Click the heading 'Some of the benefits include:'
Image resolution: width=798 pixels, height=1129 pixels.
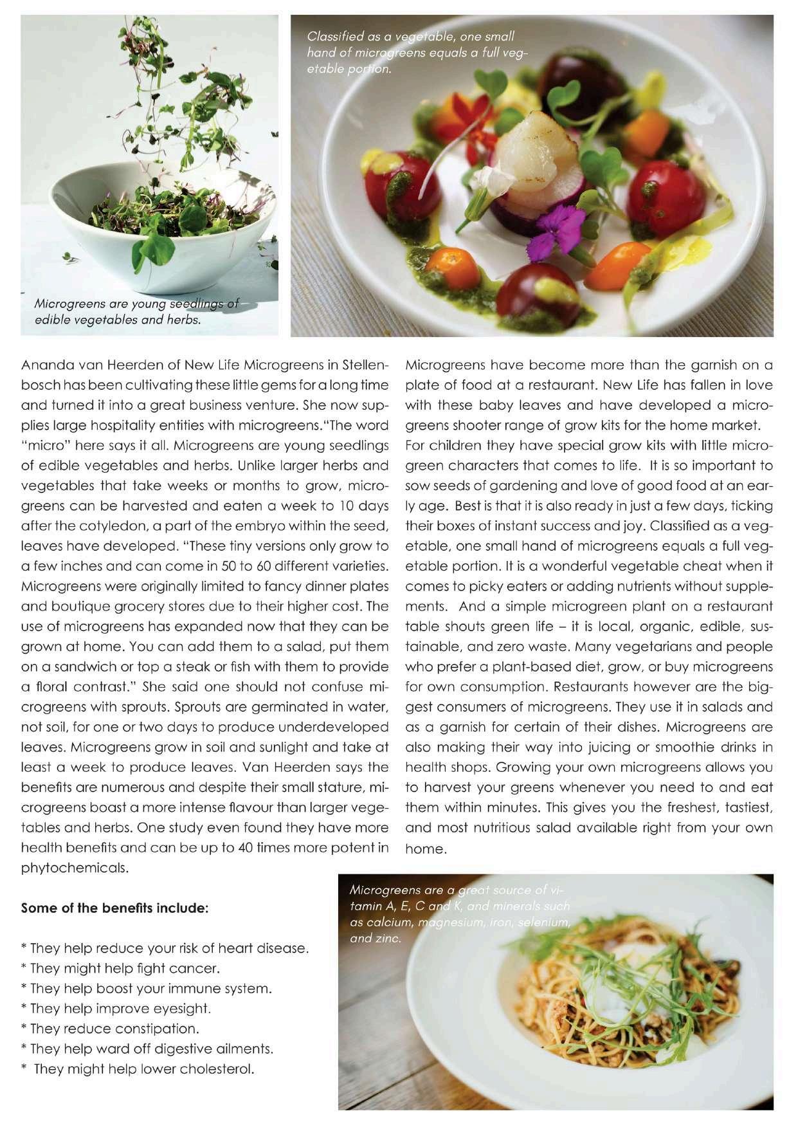(x=114, y=908)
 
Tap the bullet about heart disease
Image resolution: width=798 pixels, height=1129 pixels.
(x=165, y=948)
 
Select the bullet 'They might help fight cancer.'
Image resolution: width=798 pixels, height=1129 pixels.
(x=120, y=968)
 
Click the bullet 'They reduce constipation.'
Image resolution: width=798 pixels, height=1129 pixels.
(x=110, y=1029)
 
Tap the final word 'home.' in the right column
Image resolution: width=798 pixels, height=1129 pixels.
(x=426, y=849)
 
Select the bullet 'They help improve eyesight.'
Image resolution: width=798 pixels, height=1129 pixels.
(x=116, y=1009)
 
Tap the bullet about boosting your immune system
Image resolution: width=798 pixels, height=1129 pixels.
(x=146, y=989)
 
